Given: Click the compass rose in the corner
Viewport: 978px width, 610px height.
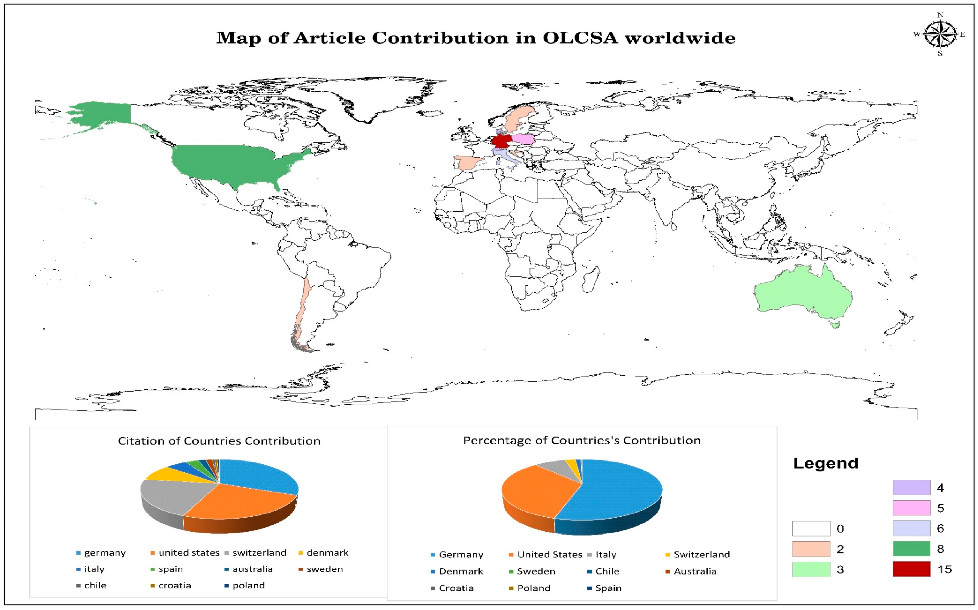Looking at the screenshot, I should pyautogui.click(x=940, y=34).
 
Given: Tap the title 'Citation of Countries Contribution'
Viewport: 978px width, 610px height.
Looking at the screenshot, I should pyautogui.click(x=219, y=441).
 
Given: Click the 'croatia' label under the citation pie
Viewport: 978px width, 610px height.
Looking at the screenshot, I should pyautogui.click(x=174, y=585).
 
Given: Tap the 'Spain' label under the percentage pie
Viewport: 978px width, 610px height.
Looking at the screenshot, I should pyautogui.click(x=608, y=588).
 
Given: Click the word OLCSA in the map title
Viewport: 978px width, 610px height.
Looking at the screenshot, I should pyautogui.click(x=580, y=38).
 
